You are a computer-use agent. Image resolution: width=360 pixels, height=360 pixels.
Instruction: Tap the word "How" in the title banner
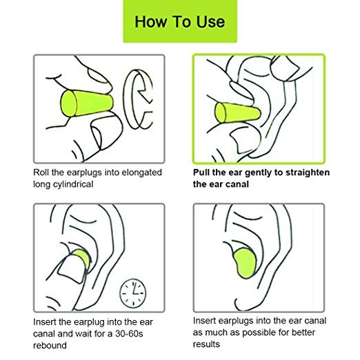tap(151, 22)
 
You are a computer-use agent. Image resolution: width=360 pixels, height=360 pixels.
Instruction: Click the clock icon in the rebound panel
tap(133, 293)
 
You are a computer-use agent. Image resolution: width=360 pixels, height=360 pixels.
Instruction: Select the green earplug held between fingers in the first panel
tap(87, 103)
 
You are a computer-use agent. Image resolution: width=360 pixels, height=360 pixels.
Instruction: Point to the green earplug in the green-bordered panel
tap(238, 113)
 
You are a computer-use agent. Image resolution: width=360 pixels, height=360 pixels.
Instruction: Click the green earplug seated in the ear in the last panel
tap(245, 263)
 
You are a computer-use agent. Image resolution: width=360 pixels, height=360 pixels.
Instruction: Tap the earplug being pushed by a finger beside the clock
tap(82, 258)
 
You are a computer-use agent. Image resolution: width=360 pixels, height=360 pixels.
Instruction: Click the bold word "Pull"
tap(201, 172)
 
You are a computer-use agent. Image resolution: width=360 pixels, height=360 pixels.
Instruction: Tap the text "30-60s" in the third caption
tap(129, 334)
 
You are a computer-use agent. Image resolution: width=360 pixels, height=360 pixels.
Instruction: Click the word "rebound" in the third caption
tap(50, 346)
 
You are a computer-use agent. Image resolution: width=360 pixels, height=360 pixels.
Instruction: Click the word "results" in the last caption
tap(206, 344)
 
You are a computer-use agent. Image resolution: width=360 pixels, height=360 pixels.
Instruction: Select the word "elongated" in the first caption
tap(141, 173)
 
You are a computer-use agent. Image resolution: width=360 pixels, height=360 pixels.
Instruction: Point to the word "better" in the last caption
tap(303, 332)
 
